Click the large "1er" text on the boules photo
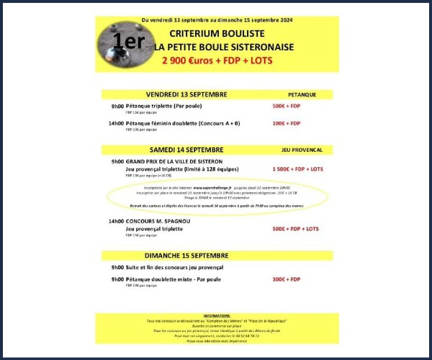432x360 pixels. click(x=129, y=41)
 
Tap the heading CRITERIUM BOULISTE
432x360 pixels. click(x=217, y=34)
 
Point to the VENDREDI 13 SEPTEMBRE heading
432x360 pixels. click(x=186, y=94)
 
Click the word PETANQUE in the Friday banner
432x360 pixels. click(x=297, y=94)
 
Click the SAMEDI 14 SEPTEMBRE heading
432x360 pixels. click(x=186, y=150)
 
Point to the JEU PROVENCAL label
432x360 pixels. click(x=301, y=150)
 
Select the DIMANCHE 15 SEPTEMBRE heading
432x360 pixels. click(x=186, y=256)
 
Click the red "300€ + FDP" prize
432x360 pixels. click(x=287, y=279)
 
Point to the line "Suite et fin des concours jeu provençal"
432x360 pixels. click(x=175, y=267)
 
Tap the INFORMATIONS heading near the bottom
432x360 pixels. click(x=216, y=315)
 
